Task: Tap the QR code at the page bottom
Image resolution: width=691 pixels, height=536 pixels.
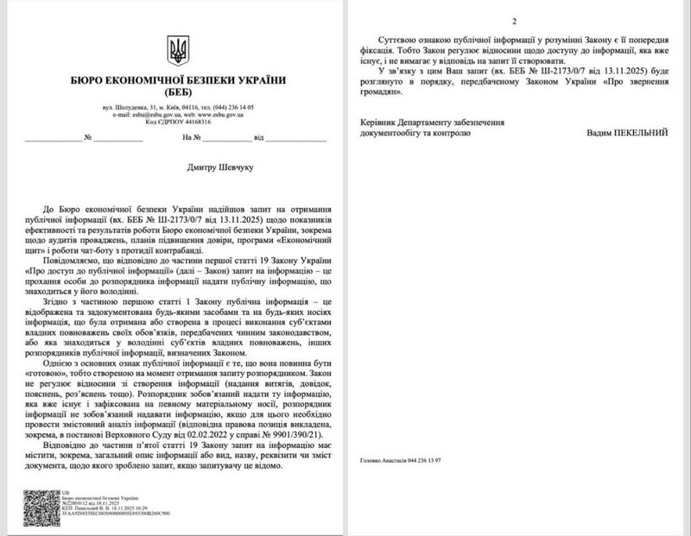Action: pos(38,507)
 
